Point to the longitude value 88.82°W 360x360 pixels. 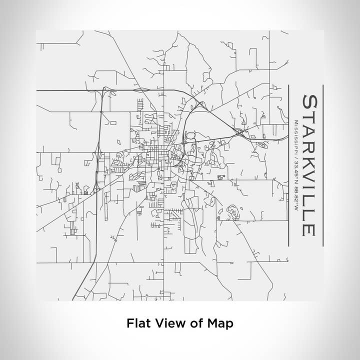click(x=296, y=197)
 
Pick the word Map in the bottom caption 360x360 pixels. click(x=219, y=323)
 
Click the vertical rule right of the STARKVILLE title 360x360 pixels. click(x=323, y=165)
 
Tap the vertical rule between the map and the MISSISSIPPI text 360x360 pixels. click(x=289, y=165)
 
